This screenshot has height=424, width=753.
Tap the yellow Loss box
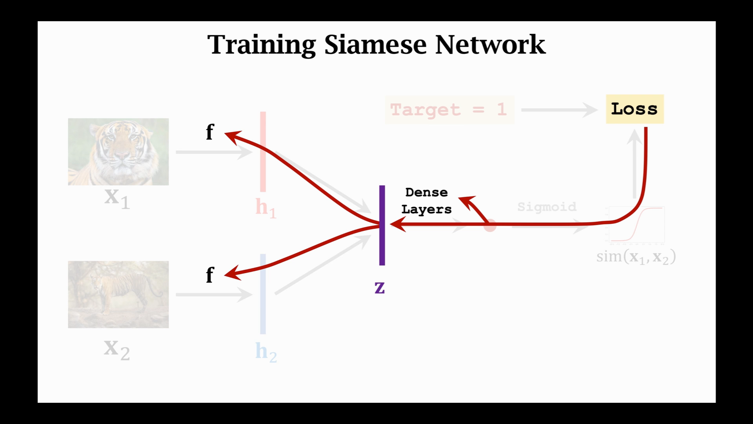[x=635, y=109]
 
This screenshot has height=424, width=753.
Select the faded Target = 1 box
[x=449, y=110]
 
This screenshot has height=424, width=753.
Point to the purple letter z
[x=380, y=288]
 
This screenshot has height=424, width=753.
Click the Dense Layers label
[x=426, y=201]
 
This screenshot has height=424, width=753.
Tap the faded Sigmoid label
[x=547, y=207]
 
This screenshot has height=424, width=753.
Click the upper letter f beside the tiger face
[x=210, y=132]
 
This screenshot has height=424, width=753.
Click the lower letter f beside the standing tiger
[x=210, y=275]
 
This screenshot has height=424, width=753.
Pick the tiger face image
[x=118, y=152]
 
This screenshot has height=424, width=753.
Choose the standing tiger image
[x=118, y=294]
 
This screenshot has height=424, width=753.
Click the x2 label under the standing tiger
[x=117, y=349]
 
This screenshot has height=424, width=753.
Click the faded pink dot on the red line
[x=490, y=226]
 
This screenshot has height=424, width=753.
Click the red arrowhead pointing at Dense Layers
[x=466, y=201]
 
